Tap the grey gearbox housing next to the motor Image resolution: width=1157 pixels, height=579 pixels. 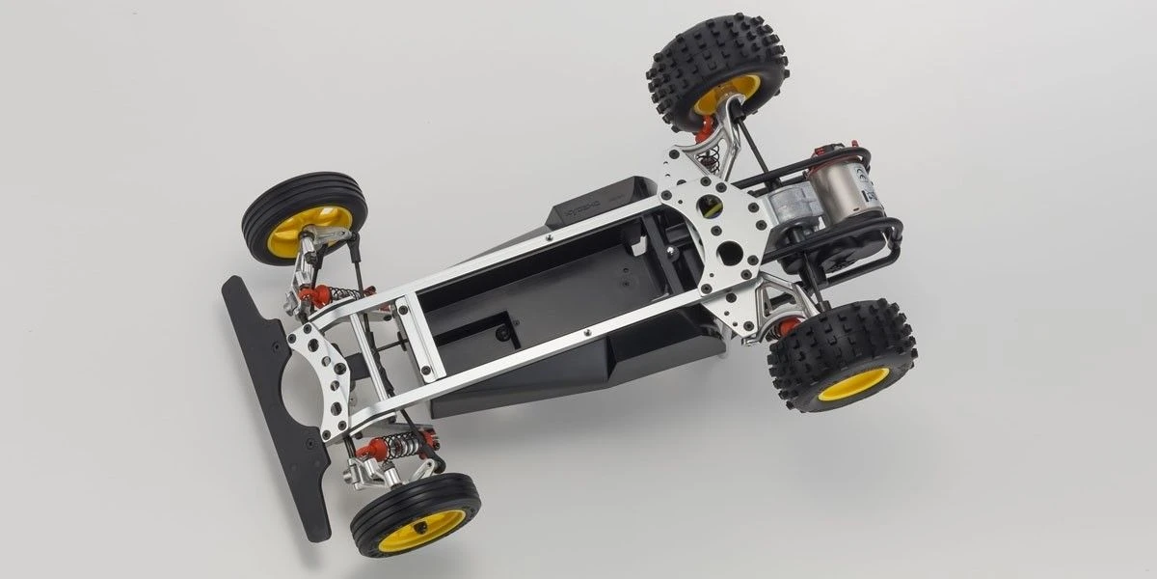pos(786,207)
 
